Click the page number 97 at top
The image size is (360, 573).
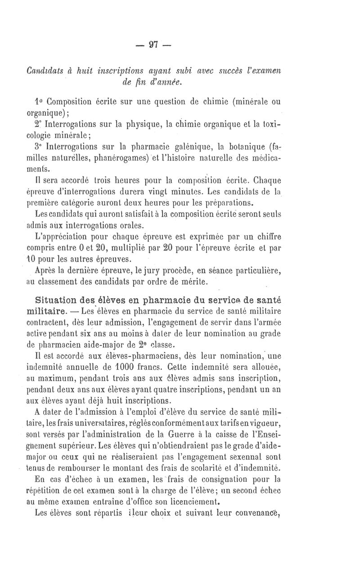154,45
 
